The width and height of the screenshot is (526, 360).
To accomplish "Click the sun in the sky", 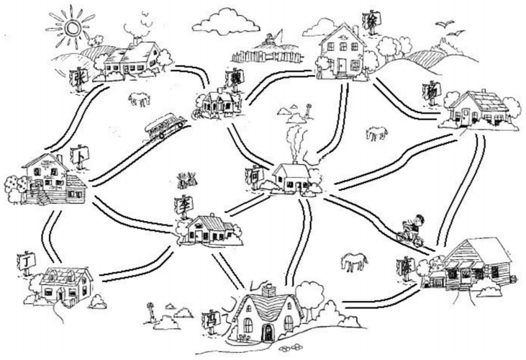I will coord(70,27).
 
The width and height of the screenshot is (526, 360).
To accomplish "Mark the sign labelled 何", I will coord(255,174).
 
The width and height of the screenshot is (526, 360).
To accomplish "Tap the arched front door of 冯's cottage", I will coord(268,332).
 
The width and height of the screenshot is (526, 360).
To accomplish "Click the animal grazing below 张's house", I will coord(138,98).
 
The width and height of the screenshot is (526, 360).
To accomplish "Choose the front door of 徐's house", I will coord(340,66).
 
